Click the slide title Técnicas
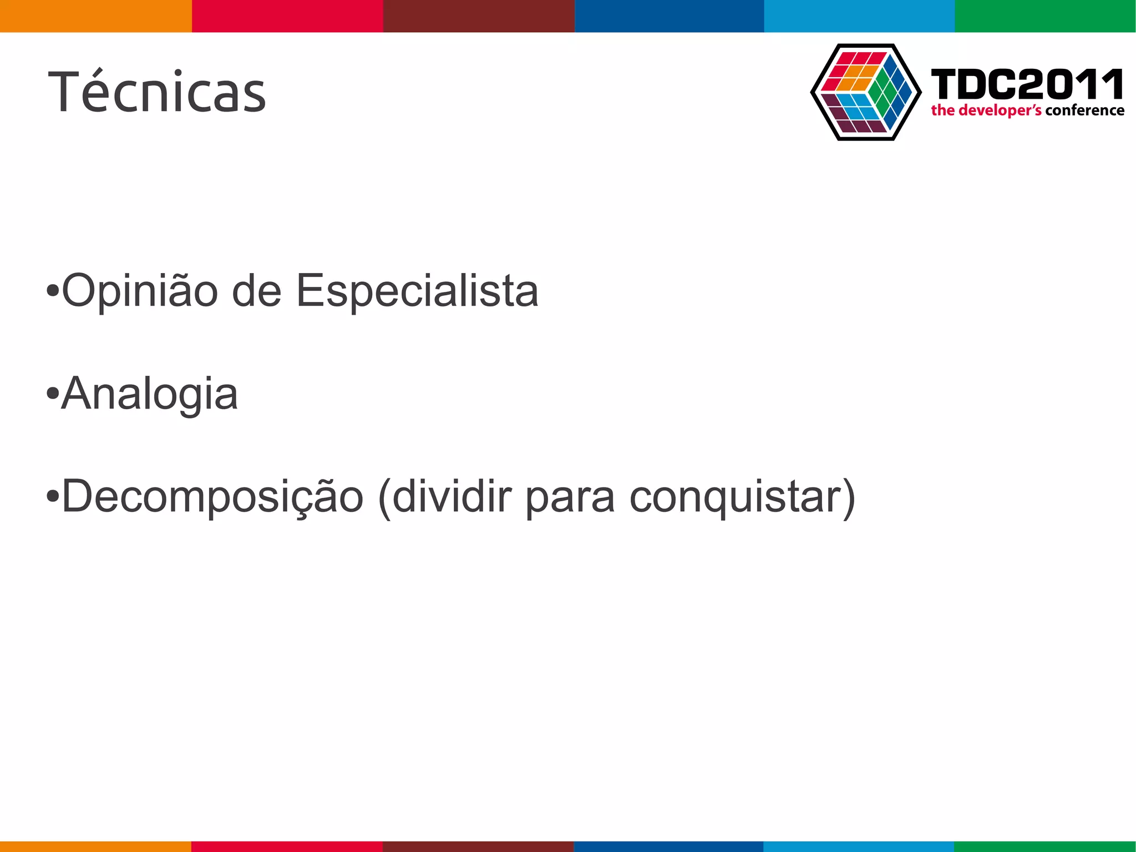(x=158, y=92)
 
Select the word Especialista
(x=417, y=291)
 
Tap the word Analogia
(x=149, y=394)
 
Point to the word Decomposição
(x=212, y=496)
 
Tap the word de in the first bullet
(x=257, y=291)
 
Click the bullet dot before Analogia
(x=52, y=394)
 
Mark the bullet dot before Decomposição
(x=52, y=496)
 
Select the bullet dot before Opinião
(x=52, y=290)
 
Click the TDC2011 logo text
(x=1027, y=84)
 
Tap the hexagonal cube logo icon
(x=866, y=92)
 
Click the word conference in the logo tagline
(x=1084, y=110)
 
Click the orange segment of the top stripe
(x=95, y=16)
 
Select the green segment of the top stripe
(x=1045, y=16)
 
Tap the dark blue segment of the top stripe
(x=669, y=16)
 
